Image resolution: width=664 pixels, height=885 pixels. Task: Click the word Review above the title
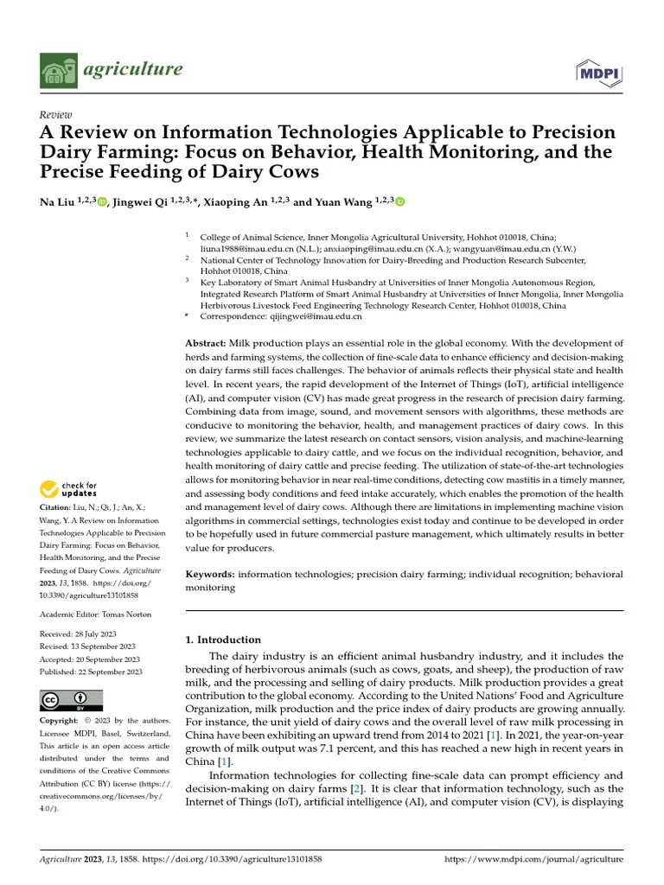coord(56,115)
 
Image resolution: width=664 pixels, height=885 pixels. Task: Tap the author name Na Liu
coord(59,202)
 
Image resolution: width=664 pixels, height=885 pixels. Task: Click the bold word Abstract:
coord(206,344)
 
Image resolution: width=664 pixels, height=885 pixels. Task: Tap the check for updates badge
coord(70,490)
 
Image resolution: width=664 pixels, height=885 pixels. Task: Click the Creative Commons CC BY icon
coord(71,699)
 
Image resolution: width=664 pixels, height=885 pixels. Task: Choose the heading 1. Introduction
coord(223,640)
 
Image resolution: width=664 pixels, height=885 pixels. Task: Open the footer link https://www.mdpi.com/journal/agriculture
coord(533,860)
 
